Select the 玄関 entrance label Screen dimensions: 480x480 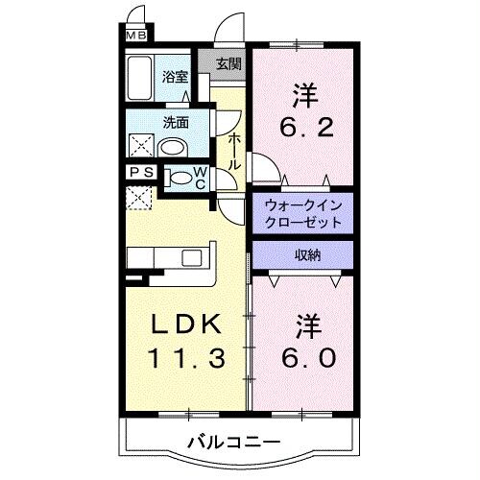coord(228,65)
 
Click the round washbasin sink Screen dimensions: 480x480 coord(173,147)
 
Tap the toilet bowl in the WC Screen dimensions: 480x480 coord(180,178)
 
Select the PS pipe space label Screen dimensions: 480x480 coord(139,175)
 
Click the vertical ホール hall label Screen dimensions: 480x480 coord(234,152)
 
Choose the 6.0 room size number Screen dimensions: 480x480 coord(308,358)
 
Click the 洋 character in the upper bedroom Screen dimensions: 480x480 coord(305,94)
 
